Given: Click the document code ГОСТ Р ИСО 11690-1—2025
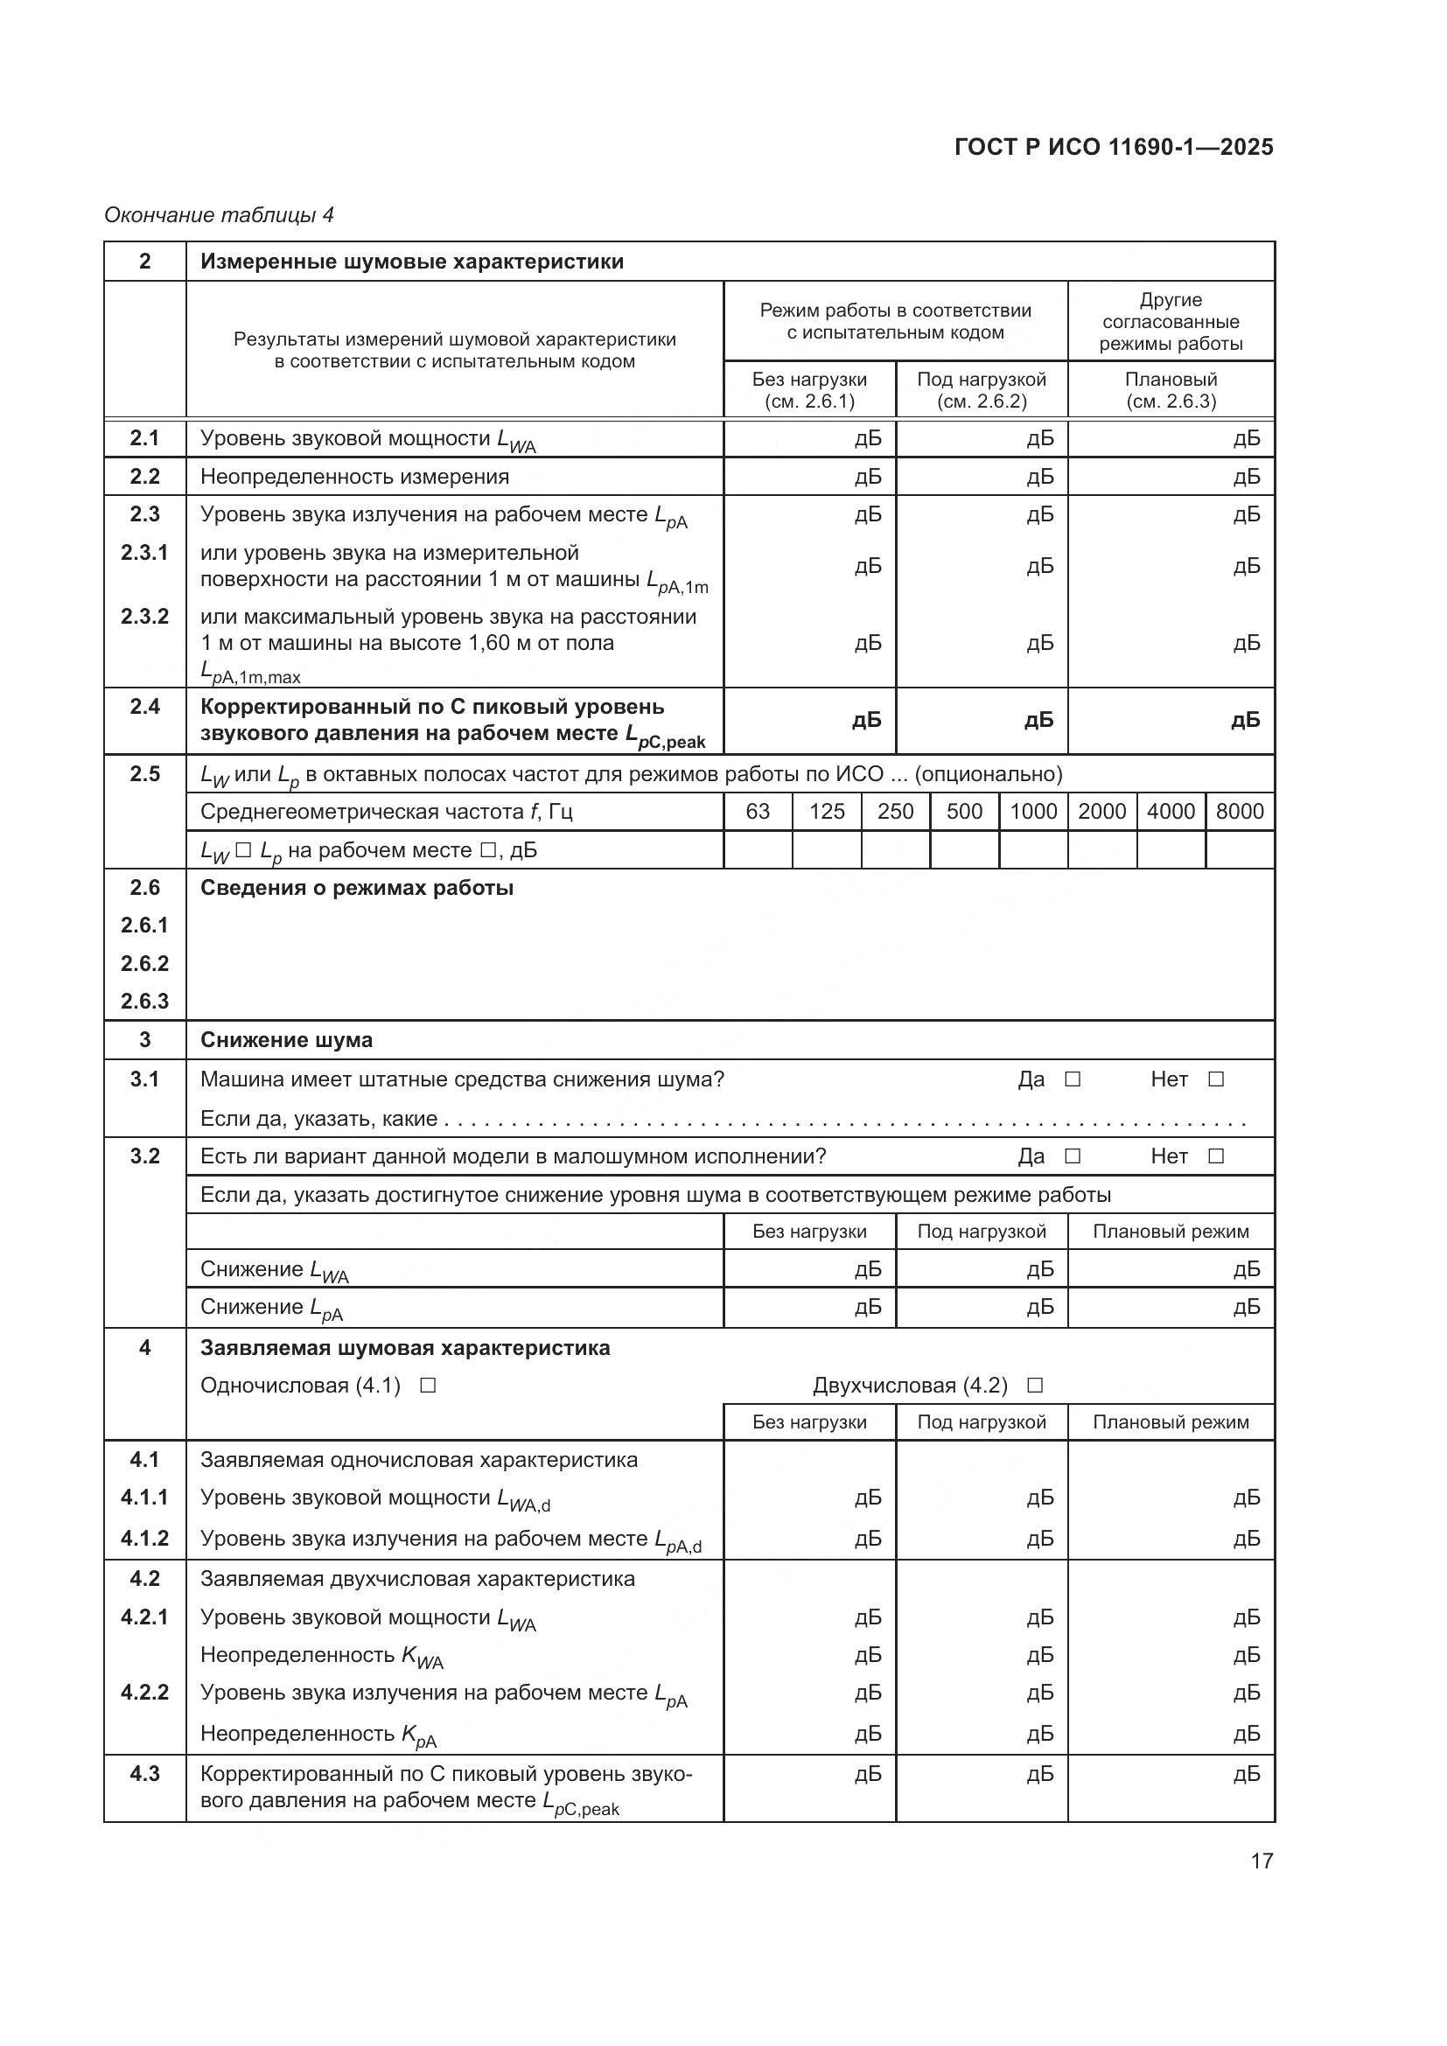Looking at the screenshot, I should pos(1113,147).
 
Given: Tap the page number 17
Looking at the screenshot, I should pos(1262,1861).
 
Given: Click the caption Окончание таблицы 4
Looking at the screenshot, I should pos(220,215).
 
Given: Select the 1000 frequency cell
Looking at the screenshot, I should pos(1032,812).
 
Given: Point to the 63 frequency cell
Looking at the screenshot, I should pos(758,812).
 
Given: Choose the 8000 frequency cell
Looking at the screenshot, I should pos(1240,812).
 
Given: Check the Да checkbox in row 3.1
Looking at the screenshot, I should pos(1073,1079).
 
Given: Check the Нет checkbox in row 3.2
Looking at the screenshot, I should pos(1215,1156).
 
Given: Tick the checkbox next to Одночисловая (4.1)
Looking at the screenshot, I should pos(428,1386).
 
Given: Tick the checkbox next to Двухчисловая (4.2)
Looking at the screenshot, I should pos(1034,1386).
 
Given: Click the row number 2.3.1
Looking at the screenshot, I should pos(144,553).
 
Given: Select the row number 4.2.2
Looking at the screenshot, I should pos(144,1693).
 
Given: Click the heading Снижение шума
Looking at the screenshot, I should pos(286,1040).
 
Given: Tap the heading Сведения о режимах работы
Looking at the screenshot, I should pos(356,889).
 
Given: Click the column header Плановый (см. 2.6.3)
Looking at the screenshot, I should pos(1171,390).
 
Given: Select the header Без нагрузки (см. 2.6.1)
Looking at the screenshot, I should pos(809,390).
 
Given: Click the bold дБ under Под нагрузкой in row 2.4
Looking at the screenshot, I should pos(1039,720).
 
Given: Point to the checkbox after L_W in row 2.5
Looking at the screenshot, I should pos(244,850).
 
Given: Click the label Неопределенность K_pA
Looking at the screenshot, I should pos(318,1733).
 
